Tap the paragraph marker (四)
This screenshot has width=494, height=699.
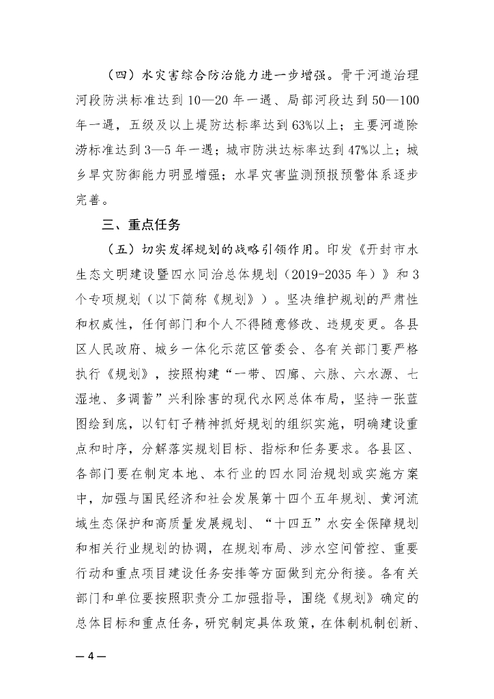click(117, 74)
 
